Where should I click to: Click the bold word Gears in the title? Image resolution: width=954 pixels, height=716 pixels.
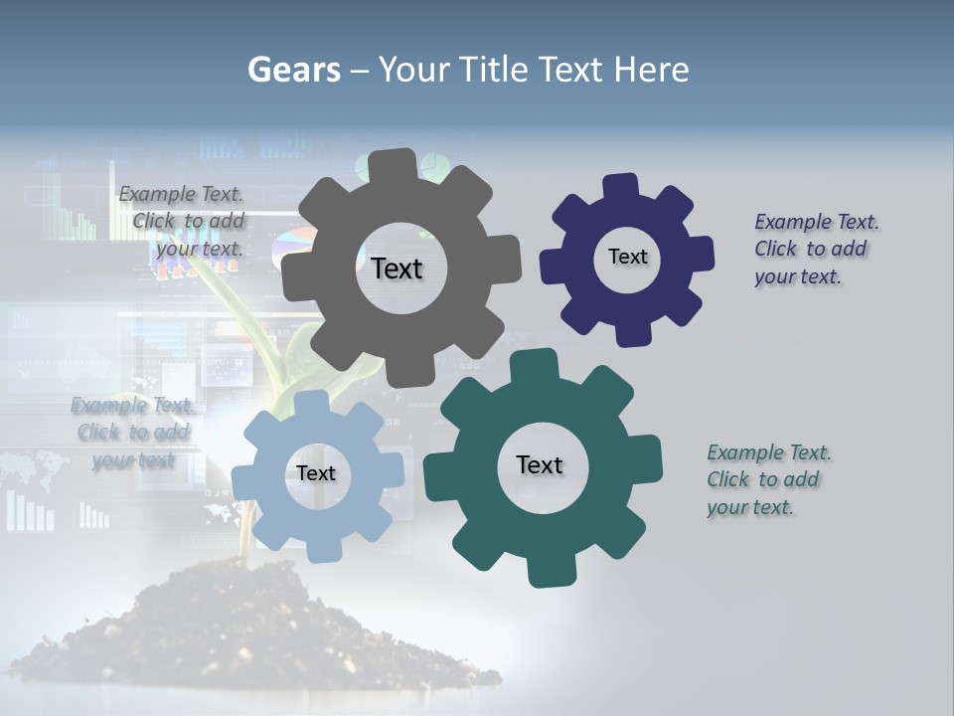tap(293, 70)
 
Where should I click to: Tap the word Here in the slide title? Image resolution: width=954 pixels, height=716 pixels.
tap(652, 70)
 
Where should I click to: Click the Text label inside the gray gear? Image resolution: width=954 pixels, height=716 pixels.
tap(397, 268)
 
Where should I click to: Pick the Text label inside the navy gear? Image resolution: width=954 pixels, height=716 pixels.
tap(627, 257)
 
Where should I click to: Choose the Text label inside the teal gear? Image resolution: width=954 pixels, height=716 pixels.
tap(540, 464)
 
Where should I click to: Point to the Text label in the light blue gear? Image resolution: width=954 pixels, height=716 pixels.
tap(316, 473)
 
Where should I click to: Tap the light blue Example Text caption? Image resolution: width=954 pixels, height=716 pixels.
tap(132, 433)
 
